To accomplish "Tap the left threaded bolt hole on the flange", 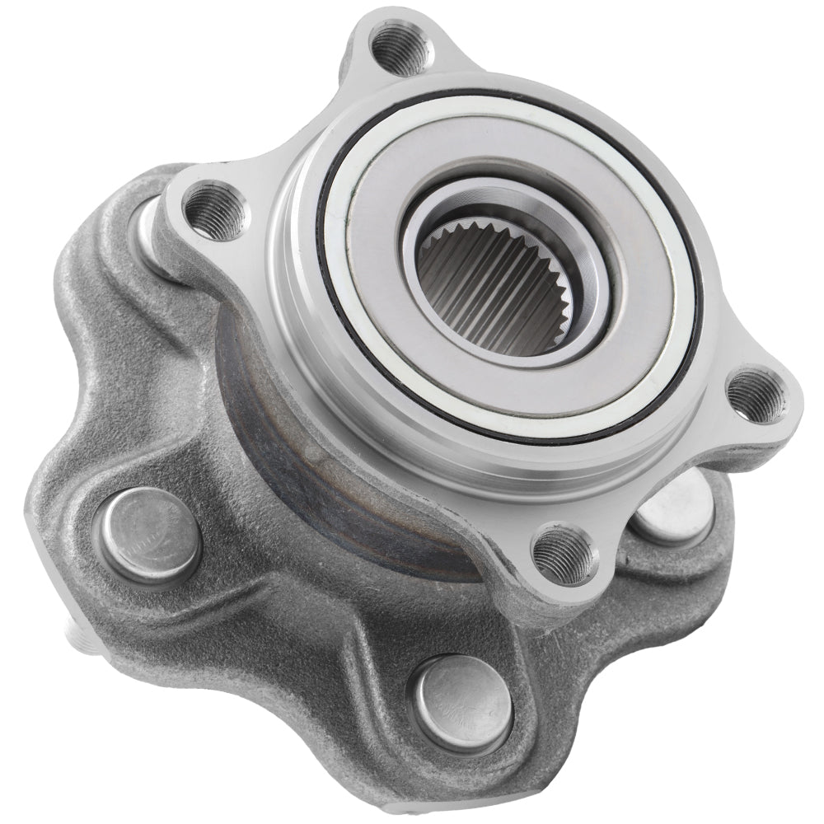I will click(216, 212).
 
